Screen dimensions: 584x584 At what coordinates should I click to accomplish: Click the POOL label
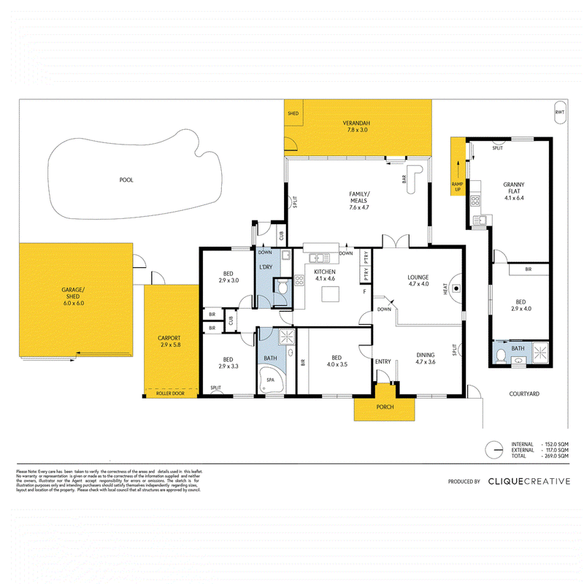tap(126, 180)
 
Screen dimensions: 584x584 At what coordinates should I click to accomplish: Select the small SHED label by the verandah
tap(293, 114)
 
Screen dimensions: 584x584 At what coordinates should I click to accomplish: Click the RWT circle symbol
tap(559, 112)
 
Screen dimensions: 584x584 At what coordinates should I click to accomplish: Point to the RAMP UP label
tap(458, 186)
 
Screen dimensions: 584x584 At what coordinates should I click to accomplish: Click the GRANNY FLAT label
tap(514, 191)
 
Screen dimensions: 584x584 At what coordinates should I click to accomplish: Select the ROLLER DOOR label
tap(172, 393)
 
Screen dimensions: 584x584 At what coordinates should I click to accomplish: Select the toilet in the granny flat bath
tap(502, 356)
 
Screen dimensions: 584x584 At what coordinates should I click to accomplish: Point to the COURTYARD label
tap(524, 393)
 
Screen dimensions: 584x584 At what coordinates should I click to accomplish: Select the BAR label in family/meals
tap(403, 177)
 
